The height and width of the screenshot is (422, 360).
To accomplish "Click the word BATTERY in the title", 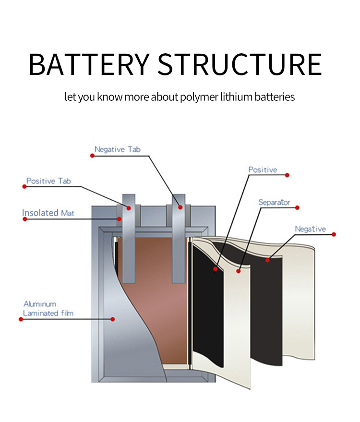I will point(89,64).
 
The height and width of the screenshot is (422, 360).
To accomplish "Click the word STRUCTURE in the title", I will point(240,64).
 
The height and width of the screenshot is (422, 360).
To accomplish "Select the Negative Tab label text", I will point(118,149).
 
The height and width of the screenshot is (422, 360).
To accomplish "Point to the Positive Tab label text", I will point(48,181).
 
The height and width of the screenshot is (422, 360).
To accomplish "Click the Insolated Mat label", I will point(48,213).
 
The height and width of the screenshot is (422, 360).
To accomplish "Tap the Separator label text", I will point(274,202).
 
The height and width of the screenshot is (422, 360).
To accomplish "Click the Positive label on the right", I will point(263,169).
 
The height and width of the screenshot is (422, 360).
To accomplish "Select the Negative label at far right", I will point(310,229).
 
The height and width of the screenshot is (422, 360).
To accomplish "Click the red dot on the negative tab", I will point(180,207).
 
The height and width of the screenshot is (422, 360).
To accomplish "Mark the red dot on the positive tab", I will point(129,207).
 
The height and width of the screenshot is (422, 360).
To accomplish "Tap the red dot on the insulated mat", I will point(119,219).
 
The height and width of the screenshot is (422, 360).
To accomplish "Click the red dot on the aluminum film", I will point(113,318).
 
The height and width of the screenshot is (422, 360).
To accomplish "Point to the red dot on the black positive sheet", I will point(216,269).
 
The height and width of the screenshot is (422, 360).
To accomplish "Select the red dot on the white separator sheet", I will point(239,271).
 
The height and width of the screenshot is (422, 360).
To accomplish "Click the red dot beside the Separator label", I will point(298,208).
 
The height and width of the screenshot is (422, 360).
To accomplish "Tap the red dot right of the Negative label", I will point(335,235).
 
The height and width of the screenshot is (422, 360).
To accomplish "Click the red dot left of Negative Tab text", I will point(91,155).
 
